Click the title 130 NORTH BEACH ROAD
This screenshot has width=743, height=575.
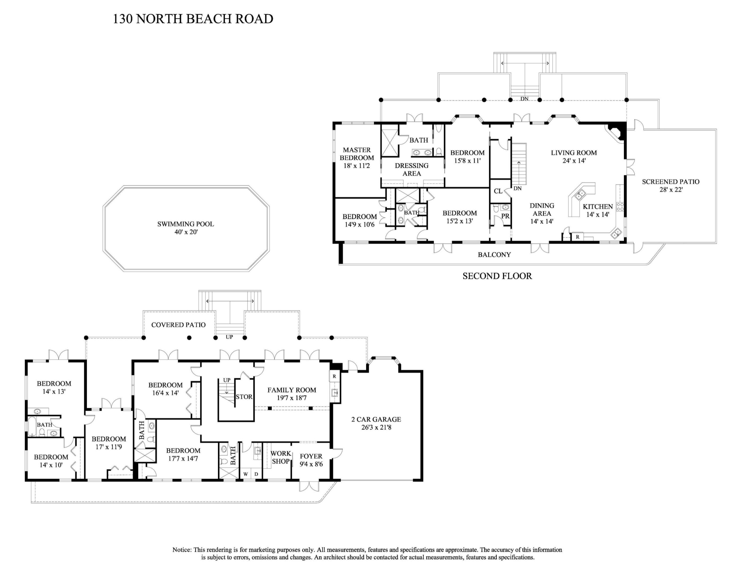coord(193,19)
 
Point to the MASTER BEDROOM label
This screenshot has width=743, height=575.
coord(356,154)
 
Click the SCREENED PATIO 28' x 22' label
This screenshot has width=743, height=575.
coord(670,186)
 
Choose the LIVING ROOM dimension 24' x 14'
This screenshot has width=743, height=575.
coord(574,161)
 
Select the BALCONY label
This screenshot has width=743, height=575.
coord(494,255)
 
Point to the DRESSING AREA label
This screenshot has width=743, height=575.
coord(412,169)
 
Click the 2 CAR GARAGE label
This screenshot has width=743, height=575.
coord(376,419)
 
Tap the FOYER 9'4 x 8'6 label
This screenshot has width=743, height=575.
coord(311,460)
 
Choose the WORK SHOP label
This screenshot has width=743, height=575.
coord(281,457)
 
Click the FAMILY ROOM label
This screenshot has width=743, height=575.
coord(292,390)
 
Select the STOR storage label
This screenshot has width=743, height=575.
coord(244,397)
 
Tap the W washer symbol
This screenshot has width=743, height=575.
coord(245,474)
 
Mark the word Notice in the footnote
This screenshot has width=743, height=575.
coord(182,550)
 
